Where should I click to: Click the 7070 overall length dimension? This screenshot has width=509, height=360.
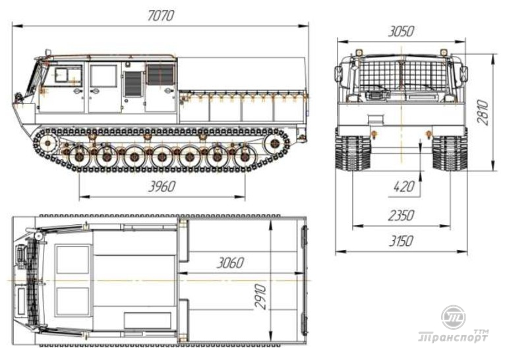tap(161, 16)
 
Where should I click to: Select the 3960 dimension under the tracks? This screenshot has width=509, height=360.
tap(162, 187)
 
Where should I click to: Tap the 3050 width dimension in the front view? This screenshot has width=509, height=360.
tap(402, 32)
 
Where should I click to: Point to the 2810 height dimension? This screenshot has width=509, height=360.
tap(483, 112)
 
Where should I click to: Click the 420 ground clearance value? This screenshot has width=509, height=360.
tap(404, 187)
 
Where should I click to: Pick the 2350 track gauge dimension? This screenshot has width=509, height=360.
tap(402, 215)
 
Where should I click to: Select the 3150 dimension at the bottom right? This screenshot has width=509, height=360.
tap(402, 241)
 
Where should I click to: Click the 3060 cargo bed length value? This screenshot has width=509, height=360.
tap(230, 262)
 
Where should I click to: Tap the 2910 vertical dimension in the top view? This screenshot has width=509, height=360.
tap(260, 297)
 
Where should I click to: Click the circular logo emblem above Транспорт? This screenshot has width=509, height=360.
tap(454, 317)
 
